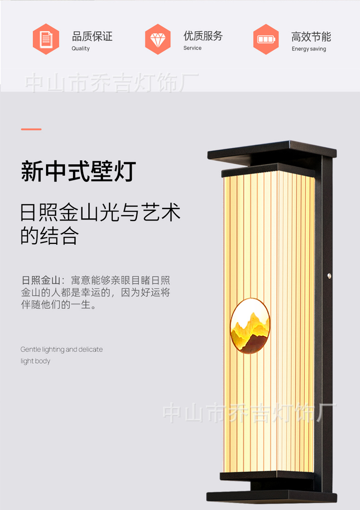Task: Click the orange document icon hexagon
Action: [x=46, y=39]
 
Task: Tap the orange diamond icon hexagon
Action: [x=157, y=39]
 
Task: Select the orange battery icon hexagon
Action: [x=266, y=39]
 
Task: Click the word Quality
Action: [x=80, y=48]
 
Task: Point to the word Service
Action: [x=192, y=48]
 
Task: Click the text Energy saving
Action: [x=309, y=49]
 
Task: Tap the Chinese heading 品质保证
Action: [x=92, y=36]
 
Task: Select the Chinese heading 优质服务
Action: [x=203, y=36]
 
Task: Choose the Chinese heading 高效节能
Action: [x=311, y=37]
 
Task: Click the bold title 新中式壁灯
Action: [x=79, y=171]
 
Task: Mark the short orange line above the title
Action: [x=31, y=129]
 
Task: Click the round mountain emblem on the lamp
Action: [x=250, y=326]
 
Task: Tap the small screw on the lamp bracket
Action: [x=329, y=276]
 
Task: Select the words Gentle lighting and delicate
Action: [x=61, y=349]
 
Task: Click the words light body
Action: [x=35, y=361]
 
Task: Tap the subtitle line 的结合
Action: [x=49, y=236]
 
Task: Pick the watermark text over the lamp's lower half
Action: [x=249, y=413]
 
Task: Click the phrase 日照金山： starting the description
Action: [x=43, y=280]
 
